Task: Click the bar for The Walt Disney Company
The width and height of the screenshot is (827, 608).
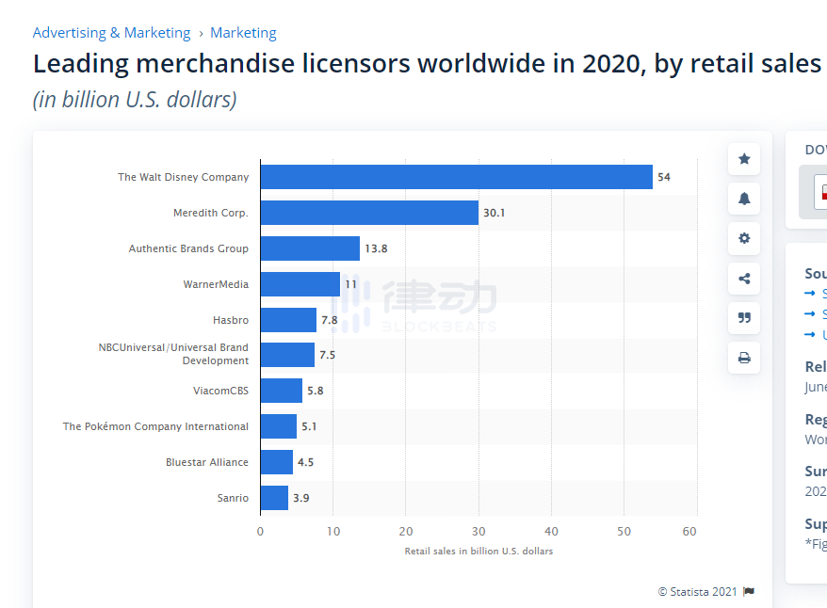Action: pos(456,177)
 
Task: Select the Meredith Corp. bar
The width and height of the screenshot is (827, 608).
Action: pos(369,213)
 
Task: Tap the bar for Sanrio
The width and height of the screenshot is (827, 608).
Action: pos(274,498)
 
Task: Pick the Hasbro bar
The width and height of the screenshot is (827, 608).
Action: pos(288,320)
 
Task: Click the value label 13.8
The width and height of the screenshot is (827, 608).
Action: pos(377,248)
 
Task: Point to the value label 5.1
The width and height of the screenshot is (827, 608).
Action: pos(309,426)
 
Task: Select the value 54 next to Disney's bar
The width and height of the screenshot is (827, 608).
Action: pos(664,177)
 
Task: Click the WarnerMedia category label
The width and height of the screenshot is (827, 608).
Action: pos(216,284)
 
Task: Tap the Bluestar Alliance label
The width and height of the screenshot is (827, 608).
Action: pos(207,462)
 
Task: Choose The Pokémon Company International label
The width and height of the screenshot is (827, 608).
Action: pos(155,426)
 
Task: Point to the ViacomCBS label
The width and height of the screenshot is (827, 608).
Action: pos(220,391)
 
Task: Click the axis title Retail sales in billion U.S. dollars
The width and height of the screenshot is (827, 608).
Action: pos(478,551)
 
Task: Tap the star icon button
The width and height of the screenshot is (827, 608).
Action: pos(744,159)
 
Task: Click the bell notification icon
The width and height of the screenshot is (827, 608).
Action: pos(744,199)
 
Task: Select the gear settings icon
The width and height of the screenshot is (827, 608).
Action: pos(744,238)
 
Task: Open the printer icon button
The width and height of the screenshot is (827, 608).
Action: pos(744,358)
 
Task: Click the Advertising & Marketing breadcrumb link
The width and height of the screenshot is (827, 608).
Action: pos(111,33)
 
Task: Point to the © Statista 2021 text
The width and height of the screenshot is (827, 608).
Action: pos(697,591)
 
